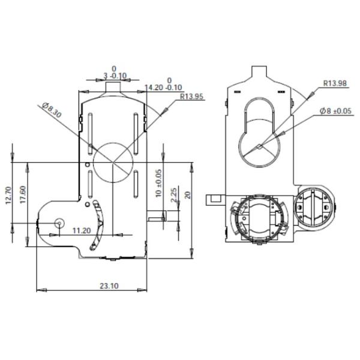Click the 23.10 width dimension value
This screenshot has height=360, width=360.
tap(109, 286)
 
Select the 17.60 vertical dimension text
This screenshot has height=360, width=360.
tap(23, 195)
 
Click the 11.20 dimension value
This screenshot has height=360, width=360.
tap(82, 230)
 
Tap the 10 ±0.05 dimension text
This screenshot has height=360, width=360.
tap(159, 183)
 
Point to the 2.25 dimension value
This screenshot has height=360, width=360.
tap(173, 196)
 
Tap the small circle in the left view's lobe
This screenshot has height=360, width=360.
tap(59, 223)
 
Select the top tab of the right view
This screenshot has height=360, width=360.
tap(259, 71)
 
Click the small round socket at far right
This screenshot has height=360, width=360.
tap(315, 207)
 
